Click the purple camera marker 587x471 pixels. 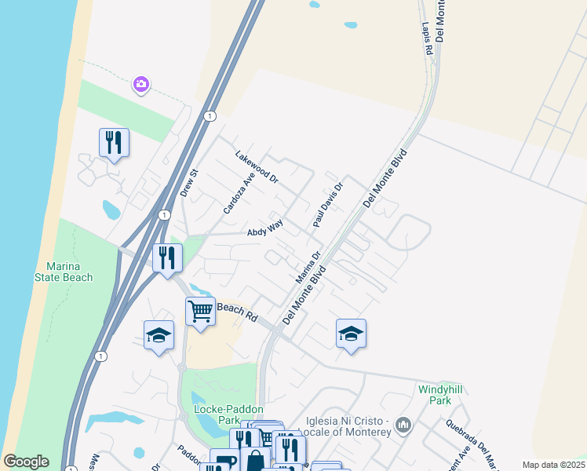pos(141,84)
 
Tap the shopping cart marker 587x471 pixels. pos(200,311)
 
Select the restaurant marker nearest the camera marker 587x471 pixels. pos(114,142)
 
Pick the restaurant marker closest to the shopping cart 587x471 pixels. pos(167,257)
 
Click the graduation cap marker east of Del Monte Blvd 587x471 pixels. pos(351,333)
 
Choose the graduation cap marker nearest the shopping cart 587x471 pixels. pos(159,335)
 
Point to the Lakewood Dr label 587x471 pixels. pos(257,166)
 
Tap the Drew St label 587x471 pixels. pos(190,183)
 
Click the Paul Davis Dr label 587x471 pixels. pos(329,206)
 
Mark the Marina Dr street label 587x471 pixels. pos(308,267)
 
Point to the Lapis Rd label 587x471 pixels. pos(428,38)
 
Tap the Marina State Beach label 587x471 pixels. pos(64,272)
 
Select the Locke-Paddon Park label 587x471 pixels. pos(228,414)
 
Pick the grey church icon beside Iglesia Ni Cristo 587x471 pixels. pos(403,425)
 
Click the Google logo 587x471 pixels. pos(26,462)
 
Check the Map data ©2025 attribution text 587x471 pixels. pos(552,465)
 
